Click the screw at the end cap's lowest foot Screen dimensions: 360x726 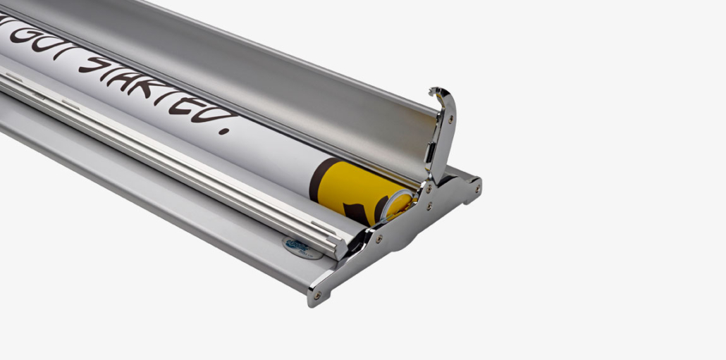coord(316,295)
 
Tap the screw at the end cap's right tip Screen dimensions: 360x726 coord(477,188)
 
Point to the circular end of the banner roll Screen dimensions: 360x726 coord(398,204)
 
